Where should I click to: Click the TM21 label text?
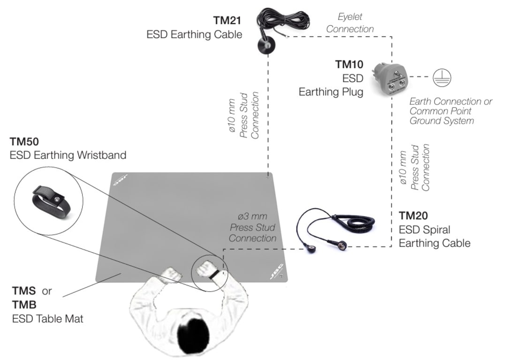click(x=227, y=21)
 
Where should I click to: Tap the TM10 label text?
click(x=349, y=64)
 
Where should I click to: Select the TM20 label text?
click(x=413, y=216)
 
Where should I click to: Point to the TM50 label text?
click(x=24, y=141)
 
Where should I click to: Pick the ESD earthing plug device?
click(x=389, y=79)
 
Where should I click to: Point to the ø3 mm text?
click(x=252, y=217)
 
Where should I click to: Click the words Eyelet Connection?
click(x=350, y=23)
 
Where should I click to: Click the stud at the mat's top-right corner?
click(x=267, y=177)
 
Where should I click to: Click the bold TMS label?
click(x=24, y=291)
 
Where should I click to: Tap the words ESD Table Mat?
click(x=47, y=319)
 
